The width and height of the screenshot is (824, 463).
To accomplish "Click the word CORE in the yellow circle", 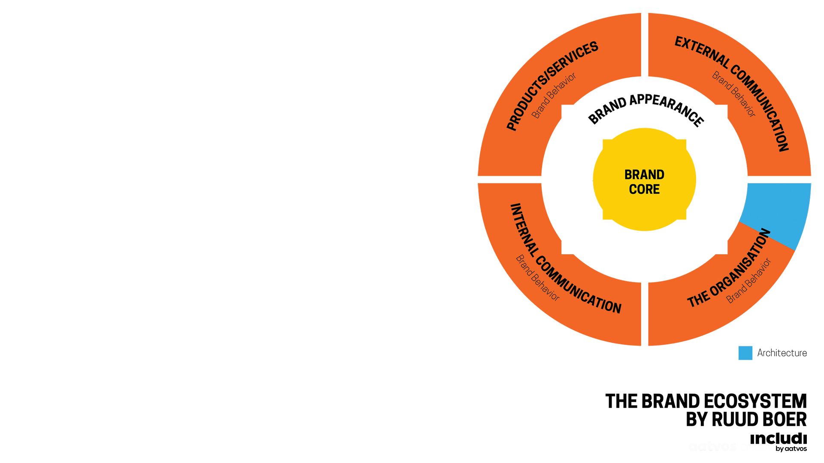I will click(x=644, y=189).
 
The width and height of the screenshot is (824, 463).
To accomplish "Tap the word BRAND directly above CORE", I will click(x=644, y=174).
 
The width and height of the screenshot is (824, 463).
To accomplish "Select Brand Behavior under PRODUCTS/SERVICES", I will click(x=554, y=96).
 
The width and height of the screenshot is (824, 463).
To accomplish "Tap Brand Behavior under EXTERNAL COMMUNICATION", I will click(x=734, y=94).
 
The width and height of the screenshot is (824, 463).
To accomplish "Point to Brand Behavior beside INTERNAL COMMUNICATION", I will click(x=537, y=278).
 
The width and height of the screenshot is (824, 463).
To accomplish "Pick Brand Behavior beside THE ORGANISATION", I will click(x=749, y=281).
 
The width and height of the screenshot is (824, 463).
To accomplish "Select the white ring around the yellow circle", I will click(x=566, y=180).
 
